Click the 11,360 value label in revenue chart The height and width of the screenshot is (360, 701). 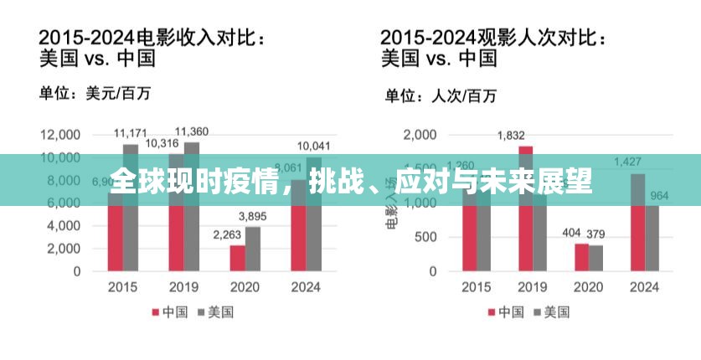pos(192,131)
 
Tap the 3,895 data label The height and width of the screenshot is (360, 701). pos(253,217)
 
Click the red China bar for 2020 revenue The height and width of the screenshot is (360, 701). pos(238,258)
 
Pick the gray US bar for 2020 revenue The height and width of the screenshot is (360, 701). pos(253,249)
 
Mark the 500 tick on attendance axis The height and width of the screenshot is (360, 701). pos(427,238)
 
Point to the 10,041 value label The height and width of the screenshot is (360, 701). pos(314,147)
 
